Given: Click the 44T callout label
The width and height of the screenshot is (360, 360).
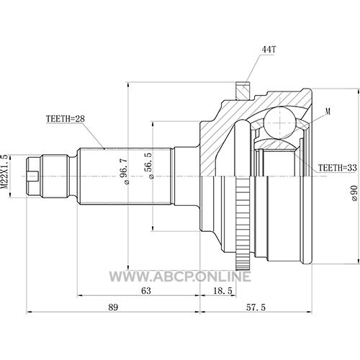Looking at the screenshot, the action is pyautogui.click(x=269, y=50).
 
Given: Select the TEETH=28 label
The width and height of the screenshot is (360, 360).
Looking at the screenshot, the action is pyautogui.click(x=66, y=119).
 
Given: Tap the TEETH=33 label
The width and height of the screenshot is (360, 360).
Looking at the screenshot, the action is pyautogui.click(x=338, y=168).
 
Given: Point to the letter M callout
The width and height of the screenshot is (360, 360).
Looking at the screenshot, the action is pyautogui.click(x=328, y=111).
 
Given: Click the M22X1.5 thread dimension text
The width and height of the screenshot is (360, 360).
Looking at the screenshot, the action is pyautogui.click(x=5, y=172).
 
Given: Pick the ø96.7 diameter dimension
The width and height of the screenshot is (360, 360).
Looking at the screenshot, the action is pyautogui.click(x=125, y=171).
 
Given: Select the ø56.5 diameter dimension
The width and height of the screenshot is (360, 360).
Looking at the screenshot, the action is pyautogui.click(x=149, y=166).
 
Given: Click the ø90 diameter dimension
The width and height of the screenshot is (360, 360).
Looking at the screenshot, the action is pyautogui.click(x=354, y=193).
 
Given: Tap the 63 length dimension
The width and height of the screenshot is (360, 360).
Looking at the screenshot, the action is pyautogui.click(x=146, y=291).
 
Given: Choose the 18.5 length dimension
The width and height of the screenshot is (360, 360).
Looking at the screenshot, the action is pyautogui.click(x=222, y=291).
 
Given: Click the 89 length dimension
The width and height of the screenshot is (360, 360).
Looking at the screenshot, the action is pyautogui.click(x=113, y=307).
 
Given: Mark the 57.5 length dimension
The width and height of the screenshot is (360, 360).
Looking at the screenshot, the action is pyautogui.click(x=256, y=307).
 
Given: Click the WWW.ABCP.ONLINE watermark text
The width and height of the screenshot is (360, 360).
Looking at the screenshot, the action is pyautogui.click(x=180, y=276).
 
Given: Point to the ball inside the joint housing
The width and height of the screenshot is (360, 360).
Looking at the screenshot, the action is pyautogui.click(x=280, y=122).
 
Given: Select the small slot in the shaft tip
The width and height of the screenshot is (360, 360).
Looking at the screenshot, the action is pyautogui.click(x=33, y=176).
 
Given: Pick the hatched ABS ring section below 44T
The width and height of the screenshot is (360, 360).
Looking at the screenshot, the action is pyautogui.click(x=243, y=91).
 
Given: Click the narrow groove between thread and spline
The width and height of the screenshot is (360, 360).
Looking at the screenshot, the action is pyautogui.click(x=72, y=176).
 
